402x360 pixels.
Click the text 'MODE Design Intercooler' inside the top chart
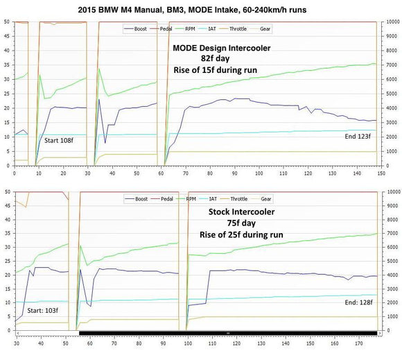[x=221, y=48]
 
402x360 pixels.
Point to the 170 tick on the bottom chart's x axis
[x=358, y=343]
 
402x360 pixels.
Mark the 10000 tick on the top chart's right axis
[x=392, y=22]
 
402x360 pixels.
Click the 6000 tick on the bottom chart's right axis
[x=390, y=247]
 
